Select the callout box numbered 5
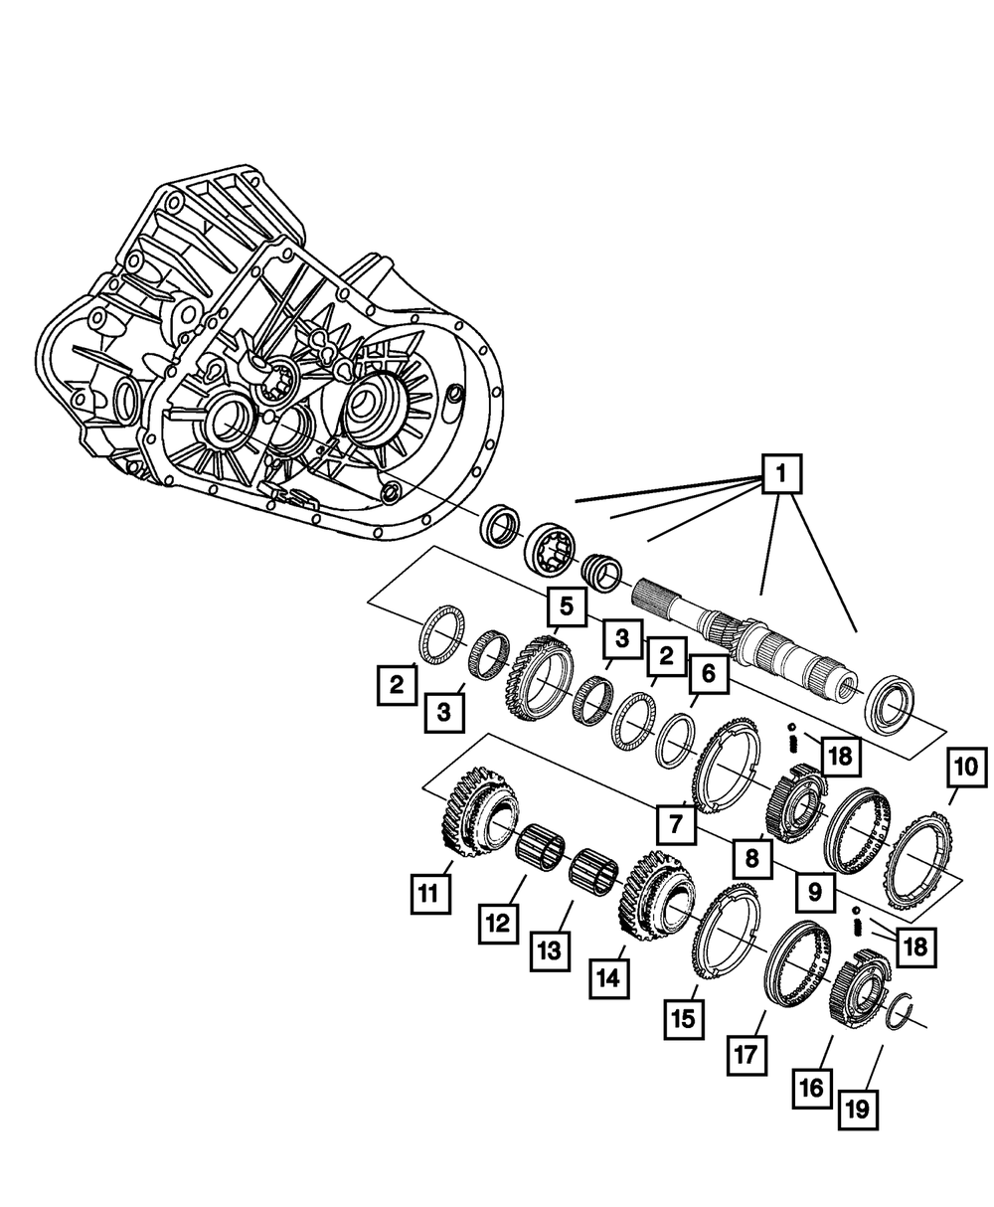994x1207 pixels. (566, 604)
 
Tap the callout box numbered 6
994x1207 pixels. (708, 674)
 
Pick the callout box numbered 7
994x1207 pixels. (675, 823)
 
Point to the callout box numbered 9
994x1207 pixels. (814, 892)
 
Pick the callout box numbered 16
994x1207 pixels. (811, 1088)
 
